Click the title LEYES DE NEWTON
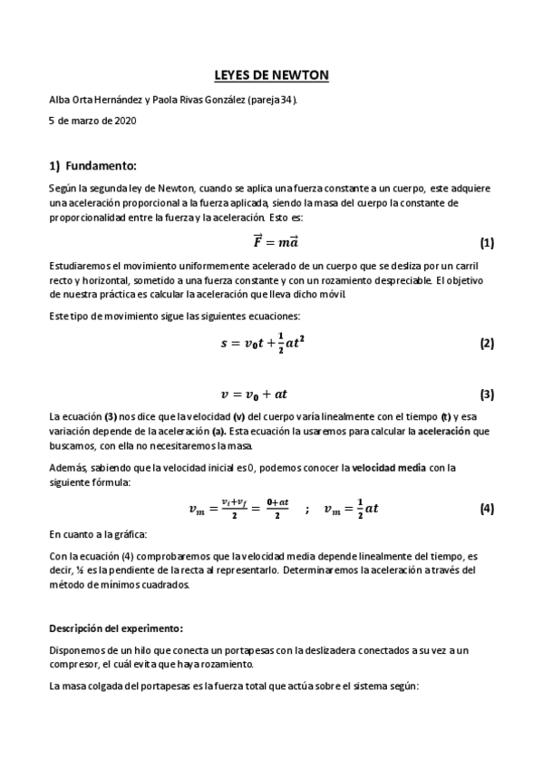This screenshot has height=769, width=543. point(271,76)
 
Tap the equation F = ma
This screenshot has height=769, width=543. point(271,242)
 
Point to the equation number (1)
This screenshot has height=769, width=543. point(487,243)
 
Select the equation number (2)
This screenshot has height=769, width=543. point(487,344)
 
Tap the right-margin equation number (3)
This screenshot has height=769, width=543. point(487,394)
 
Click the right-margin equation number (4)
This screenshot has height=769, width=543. point(487,508)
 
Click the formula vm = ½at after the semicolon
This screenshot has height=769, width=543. point(352,509)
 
